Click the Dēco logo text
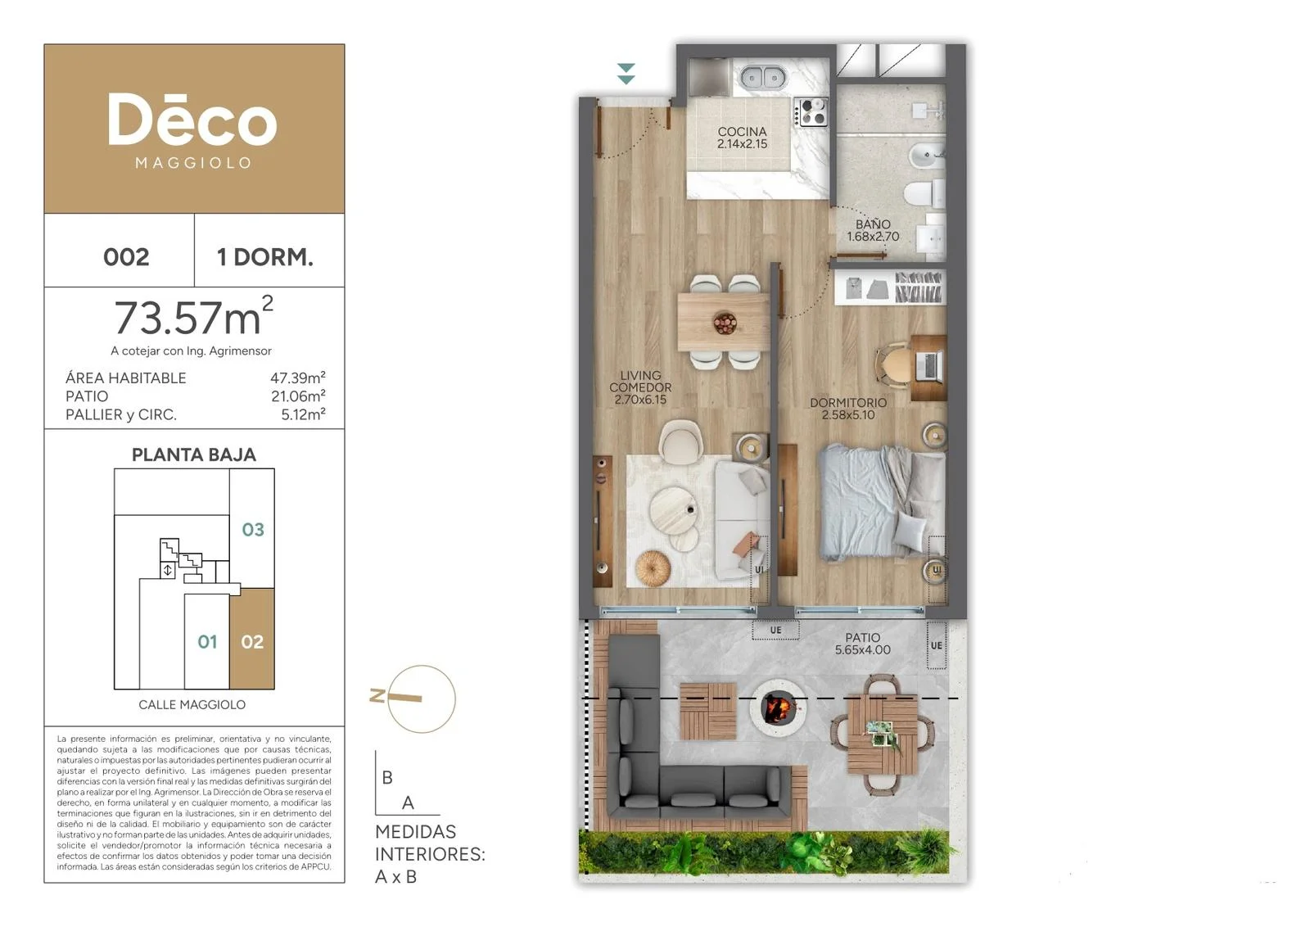[192, 120]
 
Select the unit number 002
[126, 257]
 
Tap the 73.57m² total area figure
[193, 317]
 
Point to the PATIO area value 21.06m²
[298, 396]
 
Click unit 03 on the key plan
[253, 530]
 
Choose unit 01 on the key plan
[208, 642]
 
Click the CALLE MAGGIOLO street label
[192, 705]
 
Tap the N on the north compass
[377, 695]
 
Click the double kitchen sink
[763, 77]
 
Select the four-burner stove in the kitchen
[811, 112]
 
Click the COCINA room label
[742, 132]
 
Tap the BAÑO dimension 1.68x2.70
[873, 237]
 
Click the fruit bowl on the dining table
[725, 323]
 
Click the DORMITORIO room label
[848, 402]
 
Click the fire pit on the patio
[778, 709]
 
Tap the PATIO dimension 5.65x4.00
[863, 649]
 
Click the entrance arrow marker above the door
[626, 74]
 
